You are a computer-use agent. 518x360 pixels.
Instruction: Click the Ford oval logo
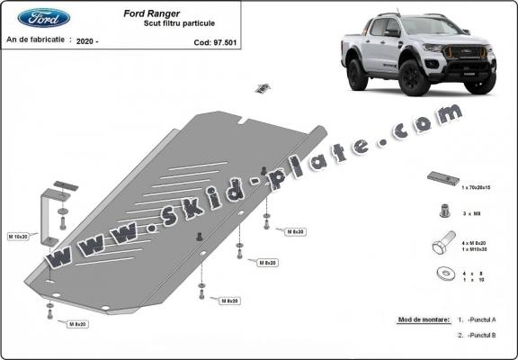point(43,17)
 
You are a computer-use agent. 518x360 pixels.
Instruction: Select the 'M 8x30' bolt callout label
point(296,232)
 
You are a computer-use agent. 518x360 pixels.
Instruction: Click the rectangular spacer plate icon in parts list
point(442,177)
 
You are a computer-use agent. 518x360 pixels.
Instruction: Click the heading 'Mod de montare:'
point(423,319)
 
